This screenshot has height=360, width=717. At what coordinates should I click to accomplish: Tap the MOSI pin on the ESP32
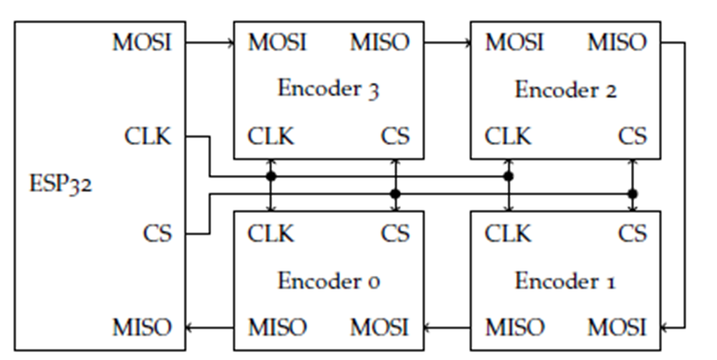[142, 43]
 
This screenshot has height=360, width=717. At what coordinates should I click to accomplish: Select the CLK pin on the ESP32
[148, 137]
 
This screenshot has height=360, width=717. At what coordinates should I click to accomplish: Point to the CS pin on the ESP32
[157, 232]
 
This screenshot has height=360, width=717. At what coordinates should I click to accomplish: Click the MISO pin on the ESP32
[142, 327]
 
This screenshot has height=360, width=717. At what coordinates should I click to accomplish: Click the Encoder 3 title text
[328, 89]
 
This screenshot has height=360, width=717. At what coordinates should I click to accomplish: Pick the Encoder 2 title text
[565, 89]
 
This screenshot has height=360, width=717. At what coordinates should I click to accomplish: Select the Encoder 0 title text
[328, 281]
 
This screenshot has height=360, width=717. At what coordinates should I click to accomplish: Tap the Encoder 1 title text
[565, 281]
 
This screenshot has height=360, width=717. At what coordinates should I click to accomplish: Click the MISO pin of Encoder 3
[380, 43]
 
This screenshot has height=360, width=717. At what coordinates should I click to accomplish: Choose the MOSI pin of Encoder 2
[514, 43]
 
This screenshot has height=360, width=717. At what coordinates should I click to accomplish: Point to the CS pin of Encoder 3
[395, 137]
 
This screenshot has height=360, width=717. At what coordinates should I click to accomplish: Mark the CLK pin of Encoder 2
[508, 137]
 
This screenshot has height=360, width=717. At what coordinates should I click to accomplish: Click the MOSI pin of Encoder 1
[617, 327]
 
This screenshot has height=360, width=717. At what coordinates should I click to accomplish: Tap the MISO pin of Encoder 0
[277, 327]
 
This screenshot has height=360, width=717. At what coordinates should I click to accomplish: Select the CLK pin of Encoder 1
[508, 232]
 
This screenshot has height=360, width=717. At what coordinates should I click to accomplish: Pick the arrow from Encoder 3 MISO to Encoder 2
[447, 43]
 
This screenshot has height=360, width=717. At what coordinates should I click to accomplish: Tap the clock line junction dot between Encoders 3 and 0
[271, 176]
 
